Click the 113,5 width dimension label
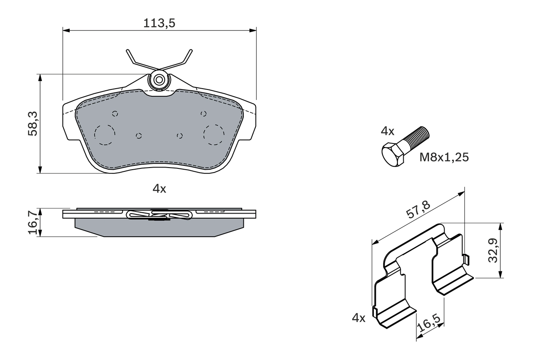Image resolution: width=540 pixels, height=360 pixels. click(x=159, y=23)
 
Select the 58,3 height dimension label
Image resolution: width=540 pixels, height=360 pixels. click(x=33, y=124)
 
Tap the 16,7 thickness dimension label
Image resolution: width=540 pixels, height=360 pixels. click(x=33, y=222)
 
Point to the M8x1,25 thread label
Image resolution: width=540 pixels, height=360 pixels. click(x=444, y=158)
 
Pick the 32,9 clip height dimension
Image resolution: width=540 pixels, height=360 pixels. click(x=493, y=250)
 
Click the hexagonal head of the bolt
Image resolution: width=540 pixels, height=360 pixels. click(x=393, y=154)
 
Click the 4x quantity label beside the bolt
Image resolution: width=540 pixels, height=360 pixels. click(x=387, y=131)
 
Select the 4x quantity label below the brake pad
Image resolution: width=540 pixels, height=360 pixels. click(x=159, y=189)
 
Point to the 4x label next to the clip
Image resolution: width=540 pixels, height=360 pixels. click(x=358, y=318)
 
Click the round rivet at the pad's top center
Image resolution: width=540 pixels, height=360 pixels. click(x=159, y=80)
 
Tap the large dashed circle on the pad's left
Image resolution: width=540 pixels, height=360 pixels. click(x=105, y=135)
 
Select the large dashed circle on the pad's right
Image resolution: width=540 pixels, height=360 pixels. click(x=213, y=135)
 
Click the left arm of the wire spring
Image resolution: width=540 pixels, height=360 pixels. click(x=135, y=60)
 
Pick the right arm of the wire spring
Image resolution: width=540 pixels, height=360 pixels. click(x=184, y=60)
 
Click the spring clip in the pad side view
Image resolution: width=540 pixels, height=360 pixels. click(x=159, y=215)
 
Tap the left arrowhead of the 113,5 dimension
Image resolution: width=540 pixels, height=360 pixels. click(x=66, y=30)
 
